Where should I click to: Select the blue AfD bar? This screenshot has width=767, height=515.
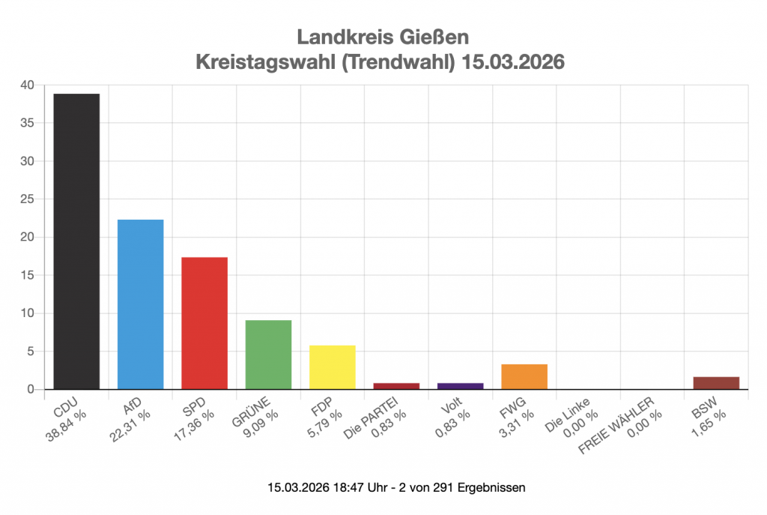[x=140, y=304]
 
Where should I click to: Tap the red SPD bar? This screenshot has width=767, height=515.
[x=204, y=323]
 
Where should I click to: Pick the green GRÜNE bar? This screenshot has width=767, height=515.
[x=268, y=355]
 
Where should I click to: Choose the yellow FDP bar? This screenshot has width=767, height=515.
[x=333, y=367]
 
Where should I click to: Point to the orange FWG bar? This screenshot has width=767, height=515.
[x=524, y=376]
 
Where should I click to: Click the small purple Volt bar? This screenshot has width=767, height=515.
[x=460, y=386]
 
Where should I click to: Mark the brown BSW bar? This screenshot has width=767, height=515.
[x=716, y=383]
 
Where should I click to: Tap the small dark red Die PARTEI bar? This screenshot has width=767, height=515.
[x=396, y=386]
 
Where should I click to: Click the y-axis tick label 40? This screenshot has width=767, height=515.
[x=27, y=85]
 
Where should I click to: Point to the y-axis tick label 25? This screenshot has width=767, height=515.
[x=27, y=199]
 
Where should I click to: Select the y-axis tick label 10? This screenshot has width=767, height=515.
[x=27, y=313]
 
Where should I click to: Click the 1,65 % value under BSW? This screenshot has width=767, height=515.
[x=710, y=427]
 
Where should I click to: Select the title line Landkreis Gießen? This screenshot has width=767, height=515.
[x=383, y=37]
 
